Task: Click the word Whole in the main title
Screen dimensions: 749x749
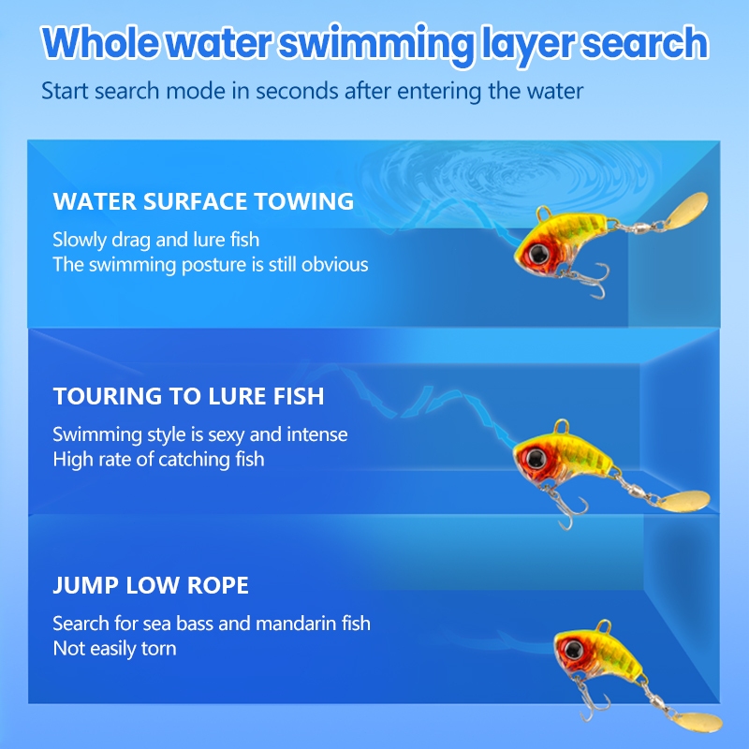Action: (x=101, y=42)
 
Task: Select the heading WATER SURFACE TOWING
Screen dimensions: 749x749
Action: (x=203, y=201)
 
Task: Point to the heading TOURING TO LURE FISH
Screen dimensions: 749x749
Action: (x=189, y=396)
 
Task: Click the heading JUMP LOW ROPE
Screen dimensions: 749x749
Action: (x=151, y=585)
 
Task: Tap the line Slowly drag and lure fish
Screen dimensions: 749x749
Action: (x=156, y=240)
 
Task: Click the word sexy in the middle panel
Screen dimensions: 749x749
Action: (x=227, y=435)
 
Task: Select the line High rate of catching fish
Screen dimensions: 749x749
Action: (x=158, y=460)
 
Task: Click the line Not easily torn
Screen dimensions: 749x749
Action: (x=114, y=649)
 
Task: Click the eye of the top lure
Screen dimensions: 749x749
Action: (x=539, y=253)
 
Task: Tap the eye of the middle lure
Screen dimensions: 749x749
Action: (x=536, y=459)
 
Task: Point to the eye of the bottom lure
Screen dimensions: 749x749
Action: (x=572, y=650)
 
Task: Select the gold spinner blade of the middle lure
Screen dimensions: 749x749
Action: (x=685, y=501)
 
